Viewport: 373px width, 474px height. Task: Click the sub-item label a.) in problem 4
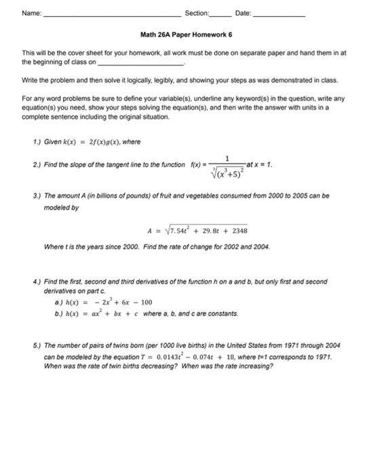[x=48, y=302]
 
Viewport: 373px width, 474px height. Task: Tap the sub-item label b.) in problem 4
[x=48, y=314]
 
